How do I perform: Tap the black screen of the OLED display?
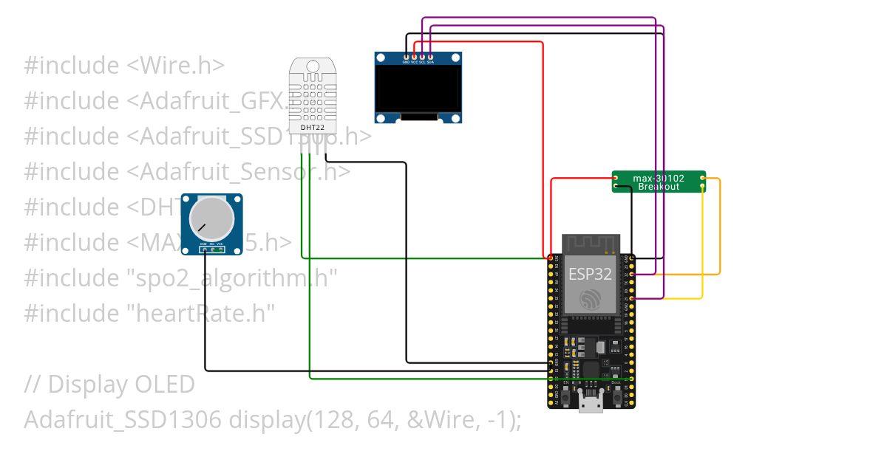(x=418, y=88)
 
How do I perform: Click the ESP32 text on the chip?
(x=590, y=274)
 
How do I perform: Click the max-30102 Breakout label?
(x=658, y=182)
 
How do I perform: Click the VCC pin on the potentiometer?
(x=220, y=249)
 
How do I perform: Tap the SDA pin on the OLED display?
(x=430, y=56)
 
